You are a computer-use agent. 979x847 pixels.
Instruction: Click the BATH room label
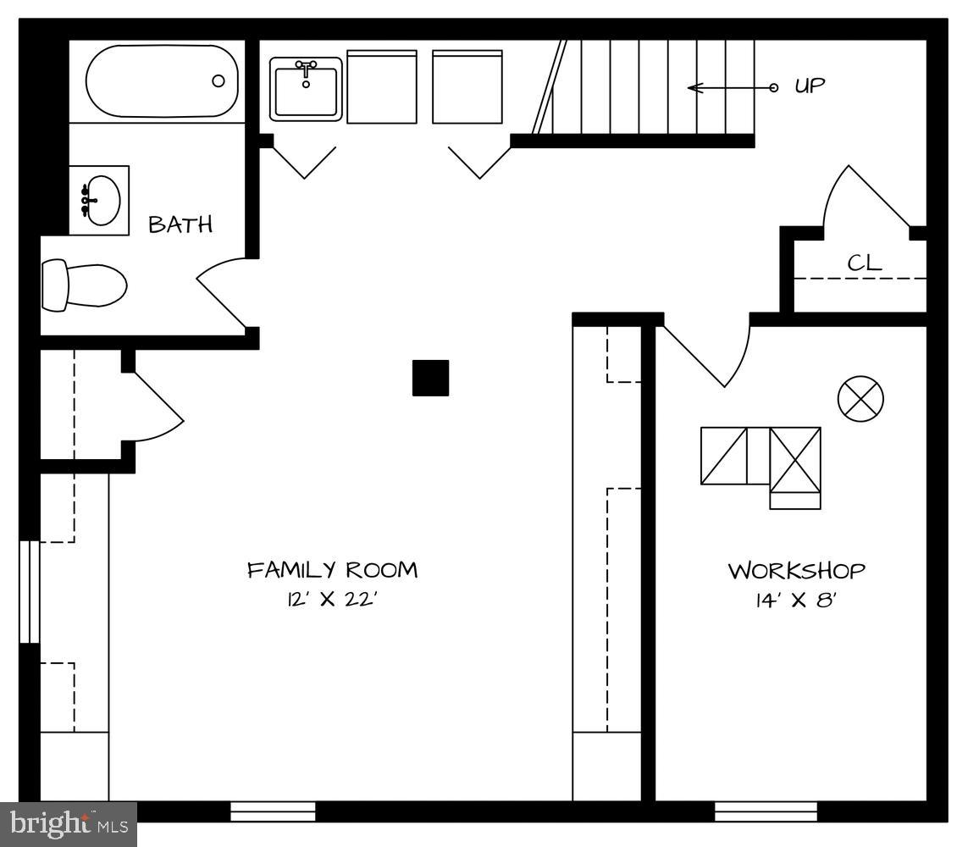coord(180,224)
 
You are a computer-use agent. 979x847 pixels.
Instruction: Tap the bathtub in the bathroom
coord(160,81)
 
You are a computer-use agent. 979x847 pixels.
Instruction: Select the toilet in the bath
coord(84,285)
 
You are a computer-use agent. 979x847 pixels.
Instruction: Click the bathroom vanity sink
coord(99,201)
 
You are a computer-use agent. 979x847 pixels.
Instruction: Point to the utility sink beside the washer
coord(306,89)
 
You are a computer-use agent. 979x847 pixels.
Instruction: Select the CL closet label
coord(865,263)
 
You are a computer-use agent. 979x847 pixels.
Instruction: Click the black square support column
coord(430,378)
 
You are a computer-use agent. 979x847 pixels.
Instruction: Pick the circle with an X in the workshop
coord(860,398)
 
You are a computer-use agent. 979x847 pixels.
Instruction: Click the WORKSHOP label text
coord(796,571)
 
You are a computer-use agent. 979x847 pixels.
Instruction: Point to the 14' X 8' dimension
coord(796,601)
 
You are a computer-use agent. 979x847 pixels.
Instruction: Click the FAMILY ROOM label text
coord(332,569)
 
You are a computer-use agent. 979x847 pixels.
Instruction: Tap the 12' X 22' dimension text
coord(331,600)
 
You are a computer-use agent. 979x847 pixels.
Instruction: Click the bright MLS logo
coord(69,823)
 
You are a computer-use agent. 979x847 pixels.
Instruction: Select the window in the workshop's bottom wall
coord(766,811)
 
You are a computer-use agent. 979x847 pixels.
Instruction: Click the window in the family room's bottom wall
coord(273,811)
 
